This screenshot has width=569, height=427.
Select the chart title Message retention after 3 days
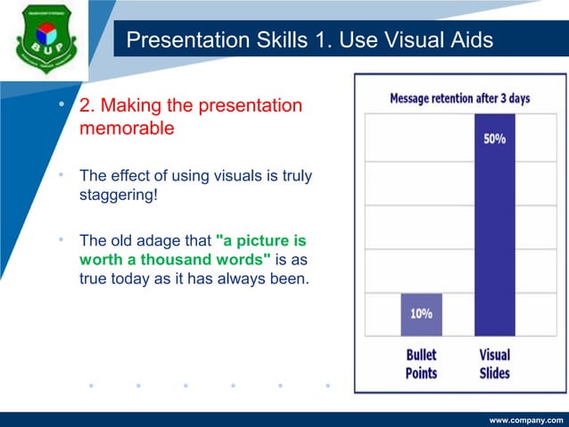460,97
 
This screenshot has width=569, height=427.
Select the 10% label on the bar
422,314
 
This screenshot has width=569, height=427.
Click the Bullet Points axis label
422,364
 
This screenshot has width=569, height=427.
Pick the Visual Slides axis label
495,364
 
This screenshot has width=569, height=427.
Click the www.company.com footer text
526,418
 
